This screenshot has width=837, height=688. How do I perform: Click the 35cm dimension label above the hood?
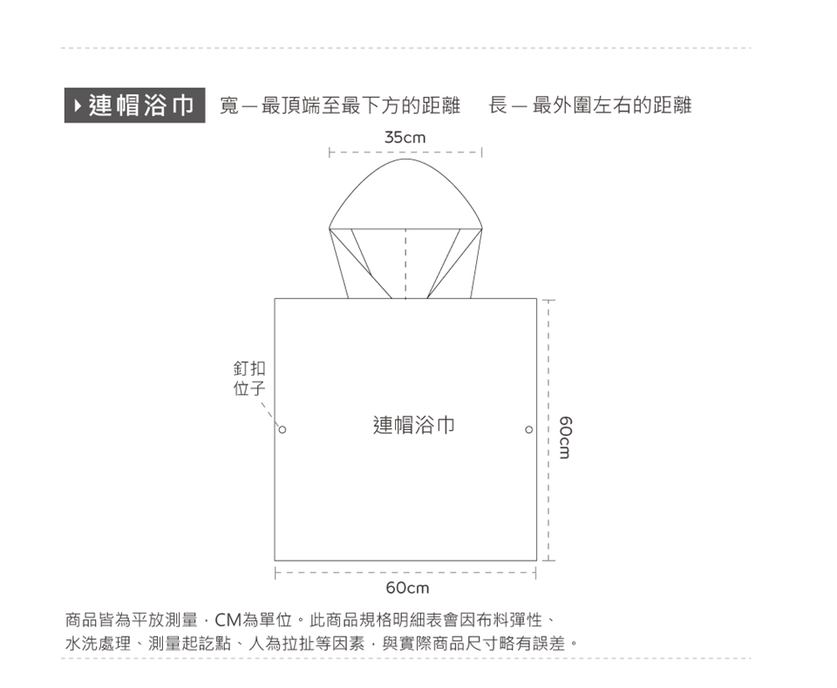click(405, 138)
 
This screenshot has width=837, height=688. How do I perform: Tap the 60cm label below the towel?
click(407, 589)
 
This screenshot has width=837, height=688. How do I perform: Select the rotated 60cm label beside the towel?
click(565, 437)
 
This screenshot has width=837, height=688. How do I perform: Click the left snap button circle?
click(282, 430)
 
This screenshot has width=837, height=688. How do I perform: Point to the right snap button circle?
click(529, 430)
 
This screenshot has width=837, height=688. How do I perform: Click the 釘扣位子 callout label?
click(249, 378)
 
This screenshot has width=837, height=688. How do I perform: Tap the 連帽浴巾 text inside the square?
click(413, 426)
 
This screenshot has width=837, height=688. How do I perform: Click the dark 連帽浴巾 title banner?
click(134, 106)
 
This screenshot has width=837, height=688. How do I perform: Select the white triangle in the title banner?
click(78, 106)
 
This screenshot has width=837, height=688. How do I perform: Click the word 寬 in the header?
click(229, 106)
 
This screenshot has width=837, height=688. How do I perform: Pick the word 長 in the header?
click(498, 106)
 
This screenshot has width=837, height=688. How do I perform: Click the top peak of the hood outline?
click(405, 159)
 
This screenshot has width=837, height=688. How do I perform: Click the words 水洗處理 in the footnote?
click(98, 644)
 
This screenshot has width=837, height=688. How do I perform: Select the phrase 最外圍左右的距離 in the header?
click(612, 106)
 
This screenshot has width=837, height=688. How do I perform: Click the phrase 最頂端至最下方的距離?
click(360, 106)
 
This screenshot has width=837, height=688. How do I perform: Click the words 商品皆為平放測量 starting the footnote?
click(132, 620)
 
